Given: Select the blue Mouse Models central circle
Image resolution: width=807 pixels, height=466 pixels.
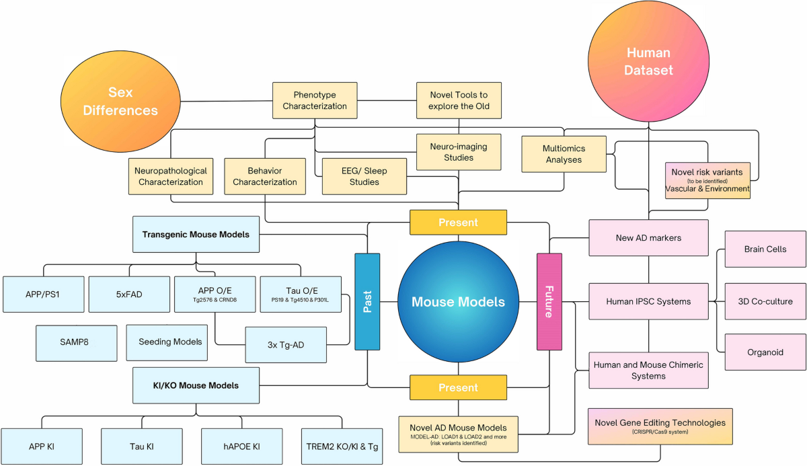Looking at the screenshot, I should click(x=458, y=302).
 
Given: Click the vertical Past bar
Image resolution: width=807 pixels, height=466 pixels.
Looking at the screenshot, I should click(x=367, y=301).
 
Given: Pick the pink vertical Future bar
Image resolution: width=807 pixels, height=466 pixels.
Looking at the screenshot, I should click(x=549, y=301).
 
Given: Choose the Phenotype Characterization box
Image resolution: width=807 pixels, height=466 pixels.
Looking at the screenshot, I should click(x=315, y=100).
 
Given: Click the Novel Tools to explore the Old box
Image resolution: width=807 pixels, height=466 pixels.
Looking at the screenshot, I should click(x=459, y=100).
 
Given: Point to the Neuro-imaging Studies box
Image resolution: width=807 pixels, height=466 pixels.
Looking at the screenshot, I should click(x=459, y=152).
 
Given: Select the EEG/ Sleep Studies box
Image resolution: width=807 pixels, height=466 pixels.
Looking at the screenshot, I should click(x=364, y=176).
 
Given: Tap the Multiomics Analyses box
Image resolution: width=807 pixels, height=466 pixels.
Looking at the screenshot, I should click(x=564, y=154).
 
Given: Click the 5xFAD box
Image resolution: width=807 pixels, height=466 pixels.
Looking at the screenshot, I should click(x=129, y=294).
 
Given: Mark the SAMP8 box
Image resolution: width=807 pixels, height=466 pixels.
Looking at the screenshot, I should click(x=78, y=342).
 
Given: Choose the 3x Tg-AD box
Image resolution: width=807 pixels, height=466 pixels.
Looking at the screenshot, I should click(x=286, y=346).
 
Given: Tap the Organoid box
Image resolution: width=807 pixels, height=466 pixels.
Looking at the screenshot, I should click(x=765, y=352).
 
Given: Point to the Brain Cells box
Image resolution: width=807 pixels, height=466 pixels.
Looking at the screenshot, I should click(x=765, y=249).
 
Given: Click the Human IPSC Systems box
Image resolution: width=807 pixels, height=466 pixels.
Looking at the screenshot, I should click(x=648, y=301).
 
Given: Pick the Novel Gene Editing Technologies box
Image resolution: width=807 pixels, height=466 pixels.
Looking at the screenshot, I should click(x=660, y=426).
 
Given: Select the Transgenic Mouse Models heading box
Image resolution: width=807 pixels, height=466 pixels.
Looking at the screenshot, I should click(x=196, y=235).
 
